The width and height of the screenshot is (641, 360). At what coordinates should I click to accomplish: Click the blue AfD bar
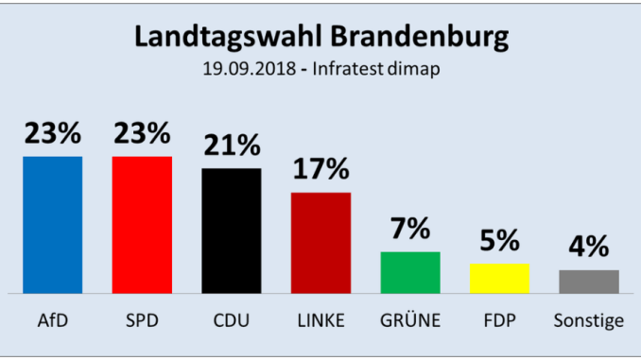tap(52, 225)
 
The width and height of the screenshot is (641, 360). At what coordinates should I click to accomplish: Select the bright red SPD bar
tap(142, 225)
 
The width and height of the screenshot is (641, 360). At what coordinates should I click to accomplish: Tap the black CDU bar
tap(232, 231)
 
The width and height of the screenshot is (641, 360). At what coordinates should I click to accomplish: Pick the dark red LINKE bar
tap(320, 243)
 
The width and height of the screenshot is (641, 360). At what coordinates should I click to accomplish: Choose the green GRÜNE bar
tap(410, 272)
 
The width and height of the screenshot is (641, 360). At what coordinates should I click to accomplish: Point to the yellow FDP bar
tap(499, 279)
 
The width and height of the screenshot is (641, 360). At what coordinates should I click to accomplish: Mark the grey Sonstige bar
tap(589, 282)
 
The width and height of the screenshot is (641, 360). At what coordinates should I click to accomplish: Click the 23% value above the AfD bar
tap(53, 133)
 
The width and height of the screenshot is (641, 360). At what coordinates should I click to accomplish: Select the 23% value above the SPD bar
tap(142, 133)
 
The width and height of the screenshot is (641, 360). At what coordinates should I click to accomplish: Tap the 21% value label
tap(232, 146)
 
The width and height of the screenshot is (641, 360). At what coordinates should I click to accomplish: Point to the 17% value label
tap(321, 169)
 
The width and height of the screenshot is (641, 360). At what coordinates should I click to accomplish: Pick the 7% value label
tap(410, 228)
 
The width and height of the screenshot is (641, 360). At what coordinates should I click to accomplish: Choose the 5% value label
tap(499, 240)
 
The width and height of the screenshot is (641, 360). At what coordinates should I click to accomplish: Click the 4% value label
tap(589, 246)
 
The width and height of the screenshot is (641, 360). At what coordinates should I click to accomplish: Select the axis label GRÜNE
tap(410, 320)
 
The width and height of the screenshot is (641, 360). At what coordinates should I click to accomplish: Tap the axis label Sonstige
tap(589, 321)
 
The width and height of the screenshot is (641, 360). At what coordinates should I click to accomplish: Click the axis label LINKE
tap(320, 320)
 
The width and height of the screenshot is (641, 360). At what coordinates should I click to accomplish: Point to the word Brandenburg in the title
tap(420, 38)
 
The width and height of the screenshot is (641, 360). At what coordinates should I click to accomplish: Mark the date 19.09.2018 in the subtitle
tap(250, 69)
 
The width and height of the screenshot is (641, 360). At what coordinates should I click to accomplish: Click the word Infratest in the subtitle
tap(348, 69)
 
